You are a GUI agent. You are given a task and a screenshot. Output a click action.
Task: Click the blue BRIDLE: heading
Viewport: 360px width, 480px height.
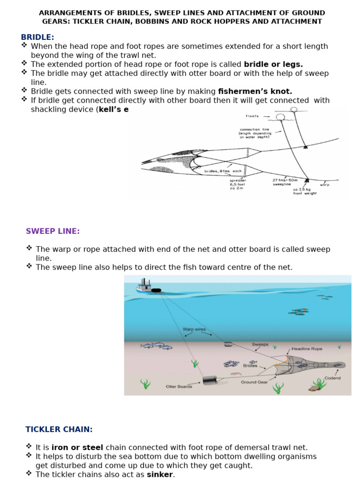[x=37, y=37]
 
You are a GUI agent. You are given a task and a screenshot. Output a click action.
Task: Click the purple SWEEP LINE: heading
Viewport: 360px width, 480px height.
[x=52, y=231]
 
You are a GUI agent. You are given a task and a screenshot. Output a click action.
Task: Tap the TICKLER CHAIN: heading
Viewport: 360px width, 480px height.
[x=59, y=429]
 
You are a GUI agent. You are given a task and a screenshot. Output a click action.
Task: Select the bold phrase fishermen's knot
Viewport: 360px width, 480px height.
[x=255, y=91]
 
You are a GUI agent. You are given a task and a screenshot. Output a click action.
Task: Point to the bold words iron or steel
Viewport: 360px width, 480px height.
[x=77, y=448]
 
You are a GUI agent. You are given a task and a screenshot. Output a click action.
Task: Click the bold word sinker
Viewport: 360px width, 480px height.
[x=160, y=474]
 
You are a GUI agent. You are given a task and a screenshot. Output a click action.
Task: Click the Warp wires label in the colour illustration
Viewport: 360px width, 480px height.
[x=194, y=329]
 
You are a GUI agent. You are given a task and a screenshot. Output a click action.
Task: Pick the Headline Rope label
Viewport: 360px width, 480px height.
[x=307, y=349]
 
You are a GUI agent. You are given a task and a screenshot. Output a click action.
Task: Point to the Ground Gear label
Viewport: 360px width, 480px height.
[x=255, y=382]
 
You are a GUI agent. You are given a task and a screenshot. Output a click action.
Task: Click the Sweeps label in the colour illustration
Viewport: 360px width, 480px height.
[x=260, y=345]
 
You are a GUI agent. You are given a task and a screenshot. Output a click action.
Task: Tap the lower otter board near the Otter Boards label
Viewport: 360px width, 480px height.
[x=209, y=380]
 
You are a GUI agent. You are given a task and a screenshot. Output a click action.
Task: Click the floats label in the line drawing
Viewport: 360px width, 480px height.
[x=252, y=116]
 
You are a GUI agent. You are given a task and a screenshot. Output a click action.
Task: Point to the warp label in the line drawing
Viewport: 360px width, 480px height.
[x=324, y=185]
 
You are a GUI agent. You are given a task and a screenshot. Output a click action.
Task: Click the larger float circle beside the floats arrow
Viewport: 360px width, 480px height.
[x=280, y=117]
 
